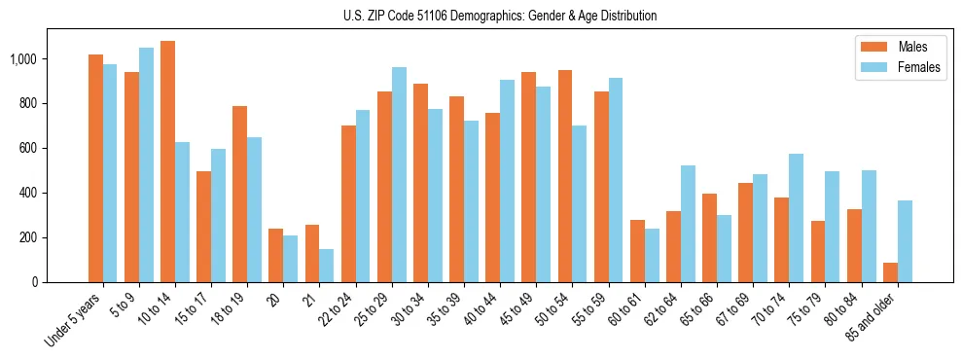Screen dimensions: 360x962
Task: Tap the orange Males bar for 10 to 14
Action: (x=167, y=162)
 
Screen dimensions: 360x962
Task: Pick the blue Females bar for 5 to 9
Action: (x=146, y=164)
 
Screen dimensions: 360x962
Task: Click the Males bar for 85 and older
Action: (x=890, y=272)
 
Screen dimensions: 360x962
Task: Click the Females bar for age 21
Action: (x=327, y=266)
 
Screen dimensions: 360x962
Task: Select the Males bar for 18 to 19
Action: (x=239, y=194)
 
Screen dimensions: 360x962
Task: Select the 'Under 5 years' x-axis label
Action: (x=74, y=319)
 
